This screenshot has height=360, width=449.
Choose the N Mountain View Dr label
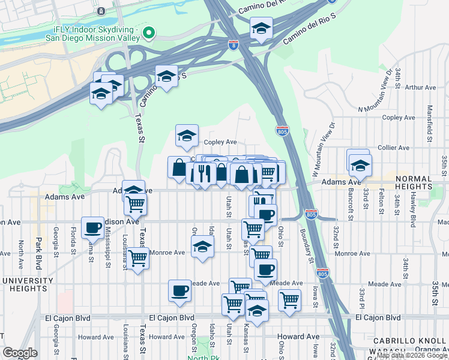[373, 96]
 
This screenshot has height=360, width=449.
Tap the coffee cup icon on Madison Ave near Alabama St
[92, 227]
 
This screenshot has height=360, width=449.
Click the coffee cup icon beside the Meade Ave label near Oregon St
[179, 291]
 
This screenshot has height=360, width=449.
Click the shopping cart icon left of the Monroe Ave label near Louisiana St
[137, 259]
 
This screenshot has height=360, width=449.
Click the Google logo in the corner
[19, 353]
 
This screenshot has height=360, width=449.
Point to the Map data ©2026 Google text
[412, 355]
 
